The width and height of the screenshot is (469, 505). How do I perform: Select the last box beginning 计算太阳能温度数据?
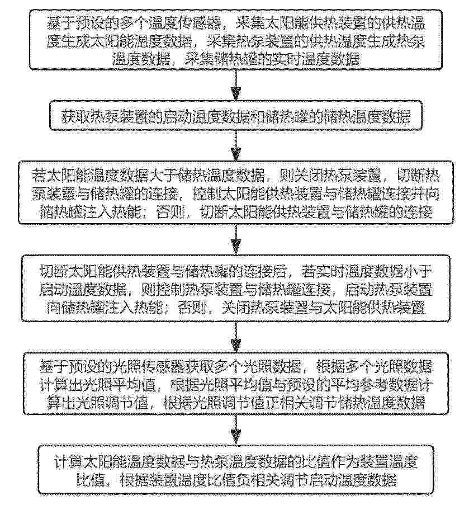236,470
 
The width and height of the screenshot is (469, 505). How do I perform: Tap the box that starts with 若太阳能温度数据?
236,192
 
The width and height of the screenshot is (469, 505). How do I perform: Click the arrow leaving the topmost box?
236,85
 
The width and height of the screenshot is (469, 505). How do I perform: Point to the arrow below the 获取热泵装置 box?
236,145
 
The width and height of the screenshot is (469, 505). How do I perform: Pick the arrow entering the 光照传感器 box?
236,337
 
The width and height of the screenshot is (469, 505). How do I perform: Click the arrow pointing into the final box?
236,430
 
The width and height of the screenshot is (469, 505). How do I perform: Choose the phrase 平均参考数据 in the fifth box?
368,384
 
